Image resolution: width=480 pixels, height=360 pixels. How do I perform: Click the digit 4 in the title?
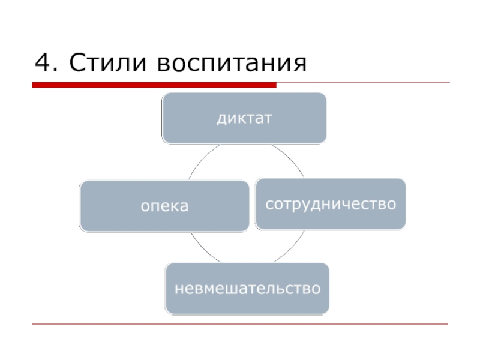[x=42, y=62]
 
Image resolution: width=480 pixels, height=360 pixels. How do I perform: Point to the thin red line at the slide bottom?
[x=240, y=324]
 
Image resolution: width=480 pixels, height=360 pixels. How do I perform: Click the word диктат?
[x=244, y=118]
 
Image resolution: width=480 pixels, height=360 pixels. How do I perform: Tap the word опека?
[x=164, y=206]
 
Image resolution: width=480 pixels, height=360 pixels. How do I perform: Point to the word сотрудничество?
[x=331, y=204]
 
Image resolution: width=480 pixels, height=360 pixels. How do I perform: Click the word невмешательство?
[x=247, y=289]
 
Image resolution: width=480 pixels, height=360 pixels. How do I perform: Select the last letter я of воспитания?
[x=299, y=64]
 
